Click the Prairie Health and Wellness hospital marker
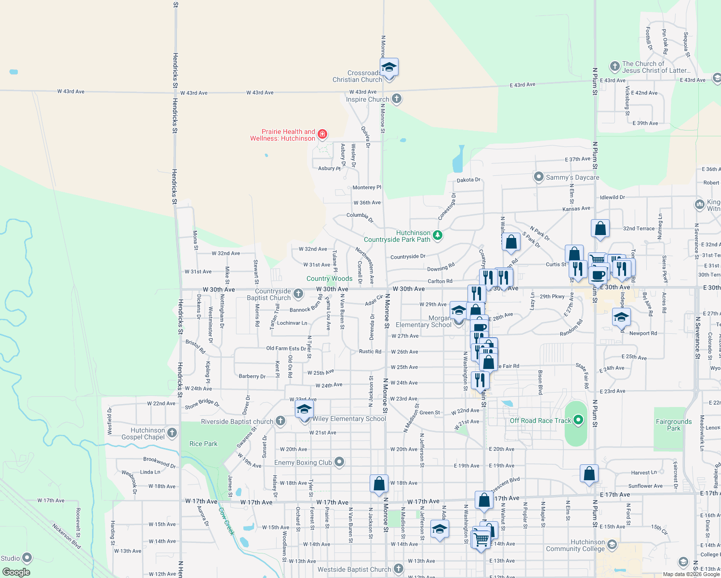coord(322,134)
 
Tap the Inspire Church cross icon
coord(397,99)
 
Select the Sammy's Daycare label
coord(572,177)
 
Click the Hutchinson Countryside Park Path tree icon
coord(438,236)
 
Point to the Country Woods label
coord(329,278)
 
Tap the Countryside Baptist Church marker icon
coord(298,293)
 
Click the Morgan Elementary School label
coord(424,321)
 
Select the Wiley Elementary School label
coord(349,419)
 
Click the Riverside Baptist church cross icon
coord(280,421)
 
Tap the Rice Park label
coord(203,444)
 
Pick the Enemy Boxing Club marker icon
coord(339,462)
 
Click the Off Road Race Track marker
coord(579,420)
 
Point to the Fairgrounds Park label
coord(673,425)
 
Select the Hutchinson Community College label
coord(575,545)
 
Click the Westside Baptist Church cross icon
coord(398,569)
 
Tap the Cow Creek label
coord(226,521)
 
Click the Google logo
coord(16,572)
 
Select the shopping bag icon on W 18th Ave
coord(379,484)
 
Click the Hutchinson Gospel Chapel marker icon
coord(172,433)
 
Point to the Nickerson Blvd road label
coord(67,536)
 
